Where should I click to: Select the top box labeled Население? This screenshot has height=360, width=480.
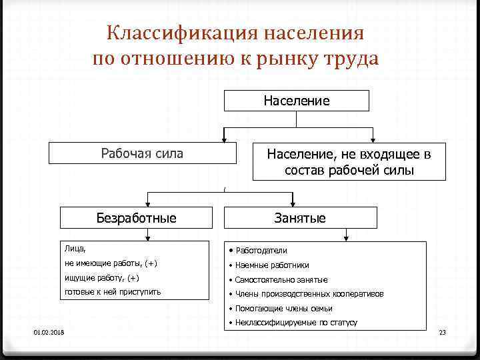click(x=296, y=101)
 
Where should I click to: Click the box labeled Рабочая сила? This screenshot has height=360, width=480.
click(x=142, y=153)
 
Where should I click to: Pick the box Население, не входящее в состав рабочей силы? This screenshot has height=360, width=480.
click(x=349, y=162)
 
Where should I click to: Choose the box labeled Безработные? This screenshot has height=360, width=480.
click(x=136, y=217)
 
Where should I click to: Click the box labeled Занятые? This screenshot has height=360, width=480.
click(x=300, y=217)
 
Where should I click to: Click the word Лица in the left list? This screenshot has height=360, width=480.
click(x=75, y=249)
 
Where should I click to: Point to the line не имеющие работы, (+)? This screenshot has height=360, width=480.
click(x=111, y=263)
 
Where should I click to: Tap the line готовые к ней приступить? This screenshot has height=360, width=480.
click(x=112, y=292)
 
